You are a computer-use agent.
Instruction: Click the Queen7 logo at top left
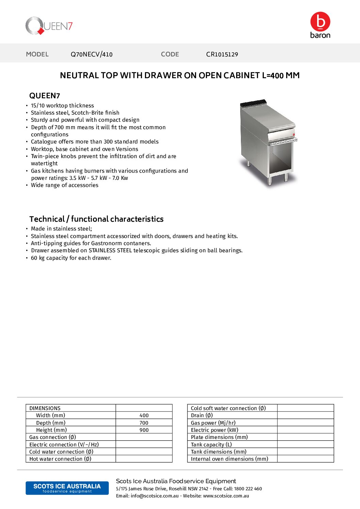tap(49, 26)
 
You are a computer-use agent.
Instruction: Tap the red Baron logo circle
tap(320, 21)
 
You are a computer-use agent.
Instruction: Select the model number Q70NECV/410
tap(92, 54)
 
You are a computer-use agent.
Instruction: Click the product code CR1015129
tap(222, 54)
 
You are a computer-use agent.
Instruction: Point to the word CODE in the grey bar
tap(170, 54)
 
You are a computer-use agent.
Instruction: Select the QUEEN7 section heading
tap(45, 96)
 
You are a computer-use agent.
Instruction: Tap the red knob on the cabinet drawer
tap(294, 135)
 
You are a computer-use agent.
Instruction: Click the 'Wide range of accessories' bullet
tap(65, 185)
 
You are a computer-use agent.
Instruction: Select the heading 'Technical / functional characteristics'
tap(96, 219)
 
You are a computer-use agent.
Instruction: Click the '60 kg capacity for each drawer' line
tap(71, 258)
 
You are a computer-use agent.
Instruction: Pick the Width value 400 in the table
tap(144, 415)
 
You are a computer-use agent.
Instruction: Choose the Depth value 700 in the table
tap(144, 423)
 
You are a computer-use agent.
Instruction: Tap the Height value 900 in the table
tap(144, 430)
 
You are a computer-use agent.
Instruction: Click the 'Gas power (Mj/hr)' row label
tap(213, 423)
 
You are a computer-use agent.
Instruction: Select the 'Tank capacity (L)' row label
tap(211, 444)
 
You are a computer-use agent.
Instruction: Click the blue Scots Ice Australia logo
tap(67, 488)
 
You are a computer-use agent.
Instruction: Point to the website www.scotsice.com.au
tap(226, 496)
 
